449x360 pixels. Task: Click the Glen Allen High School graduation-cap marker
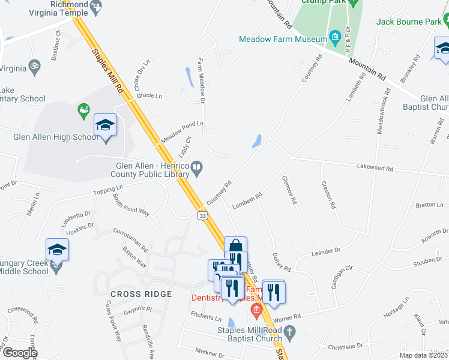pos(105,125)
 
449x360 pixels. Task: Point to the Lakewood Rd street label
pos(375,169)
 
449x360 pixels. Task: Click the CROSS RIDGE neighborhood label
pos(141,294)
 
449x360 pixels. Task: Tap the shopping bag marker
pos(236,246)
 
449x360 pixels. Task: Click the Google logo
pos(19,352)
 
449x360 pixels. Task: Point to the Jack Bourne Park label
pos(408,22)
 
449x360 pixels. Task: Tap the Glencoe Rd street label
pos(288,190)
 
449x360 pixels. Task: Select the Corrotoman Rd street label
pos(130,238)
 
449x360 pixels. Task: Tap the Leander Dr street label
pos(326,251)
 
